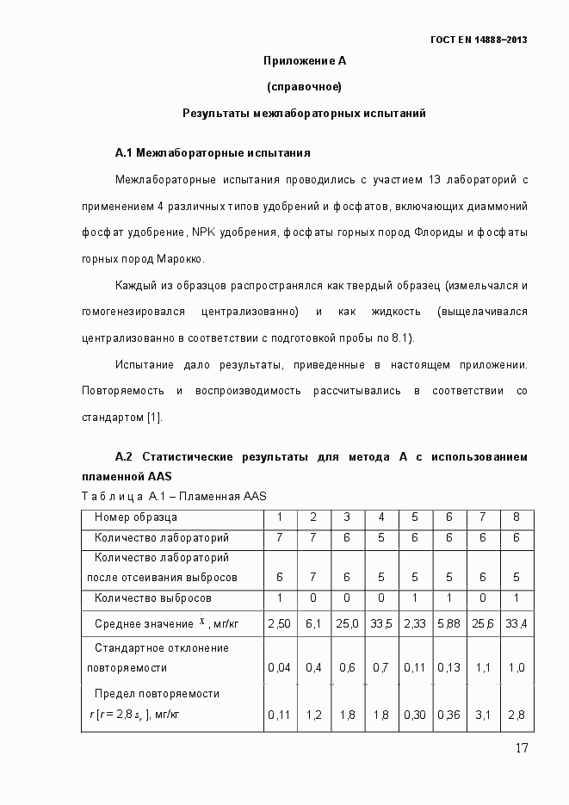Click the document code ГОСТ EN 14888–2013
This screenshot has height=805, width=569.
point(479,40)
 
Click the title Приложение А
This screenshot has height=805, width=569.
point(304,61)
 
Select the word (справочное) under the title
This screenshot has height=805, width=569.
point(304,86)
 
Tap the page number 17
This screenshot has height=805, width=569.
point(521,747)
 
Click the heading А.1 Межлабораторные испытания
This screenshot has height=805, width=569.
point(213,152)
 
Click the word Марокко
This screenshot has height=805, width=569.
point(181,258)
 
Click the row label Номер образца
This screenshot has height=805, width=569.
point(136,517)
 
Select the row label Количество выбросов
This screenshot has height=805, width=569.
point(153,598)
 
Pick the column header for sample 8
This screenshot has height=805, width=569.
point(516,517)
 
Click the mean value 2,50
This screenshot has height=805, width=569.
point(278,622)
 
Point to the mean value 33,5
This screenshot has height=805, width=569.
point(381,622)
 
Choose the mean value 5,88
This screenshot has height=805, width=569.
point(448,622)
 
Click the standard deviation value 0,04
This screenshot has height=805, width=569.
point(278,667)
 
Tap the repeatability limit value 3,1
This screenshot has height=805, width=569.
point(482,714)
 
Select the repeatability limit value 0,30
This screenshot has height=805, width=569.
point(415,714)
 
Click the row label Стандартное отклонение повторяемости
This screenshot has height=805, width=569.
point(161,657)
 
